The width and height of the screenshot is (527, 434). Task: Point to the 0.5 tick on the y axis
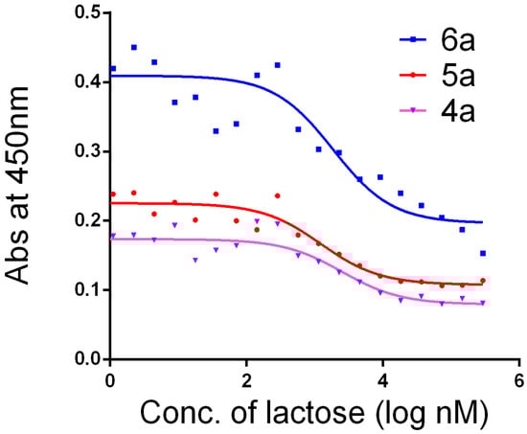85,13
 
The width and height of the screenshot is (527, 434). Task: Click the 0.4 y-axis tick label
85,82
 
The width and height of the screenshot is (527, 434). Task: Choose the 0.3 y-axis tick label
85,151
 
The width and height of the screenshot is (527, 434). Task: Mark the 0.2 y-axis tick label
85,220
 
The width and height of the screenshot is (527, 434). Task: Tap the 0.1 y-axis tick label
85,290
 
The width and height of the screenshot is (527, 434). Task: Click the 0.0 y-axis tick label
85,359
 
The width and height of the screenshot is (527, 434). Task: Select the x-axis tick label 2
246,379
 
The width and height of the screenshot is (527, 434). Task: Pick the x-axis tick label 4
382,379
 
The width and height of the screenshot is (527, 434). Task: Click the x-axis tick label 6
518,379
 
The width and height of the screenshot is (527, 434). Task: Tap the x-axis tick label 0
110,379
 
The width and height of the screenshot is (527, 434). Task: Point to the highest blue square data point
134,47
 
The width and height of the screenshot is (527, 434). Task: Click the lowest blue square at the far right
483,254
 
